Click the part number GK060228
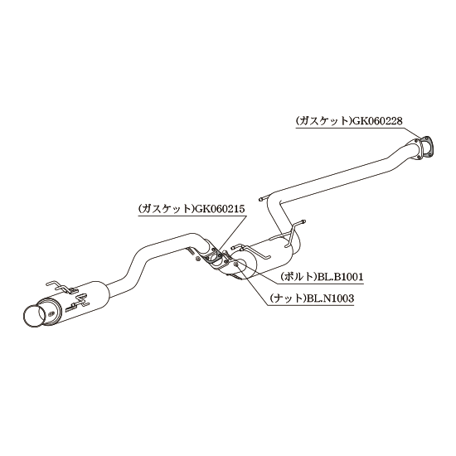pyautogui.click(x=377, y=121)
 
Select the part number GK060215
pyautogui.click(x=220, y=209)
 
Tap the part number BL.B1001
pyautogui.click(x=339, y=277)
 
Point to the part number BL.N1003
pyautogui.click(x=330, y=298)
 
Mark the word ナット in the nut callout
pyautogui.click(x=289, y=298)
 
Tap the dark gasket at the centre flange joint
pyautogui.click(x=215, y=255)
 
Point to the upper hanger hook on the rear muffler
pyautogui.click(x=60, y=286)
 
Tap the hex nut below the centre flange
pyautogui.click(x=197, y=259)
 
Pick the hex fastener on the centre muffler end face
pyautogui.click(x=236, y=264)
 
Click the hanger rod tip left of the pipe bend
pyautogui.click(x=260, y=199)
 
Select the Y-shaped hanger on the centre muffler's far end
pyautogui.click(x=293, y=234)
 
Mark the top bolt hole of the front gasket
pyautogui.click(x=427, y=138)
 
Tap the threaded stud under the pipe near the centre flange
pyautogui.click(x=190, y=250)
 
